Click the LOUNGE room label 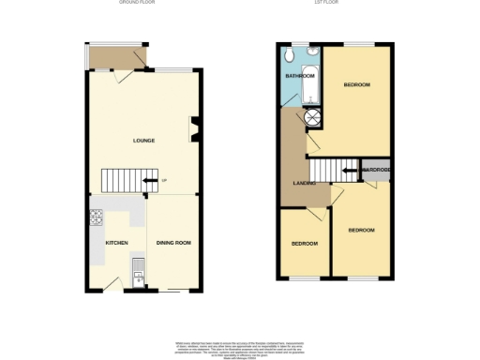[x=142, y=141]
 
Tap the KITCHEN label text [x=116, y=243]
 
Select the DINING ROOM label [x=173, y=243]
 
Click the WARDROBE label [x=376, y=169]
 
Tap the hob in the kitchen [x=97, y=220]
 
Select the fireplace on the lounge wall [x=194, y=130]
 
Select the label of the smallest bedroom [x=303, y=244]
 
